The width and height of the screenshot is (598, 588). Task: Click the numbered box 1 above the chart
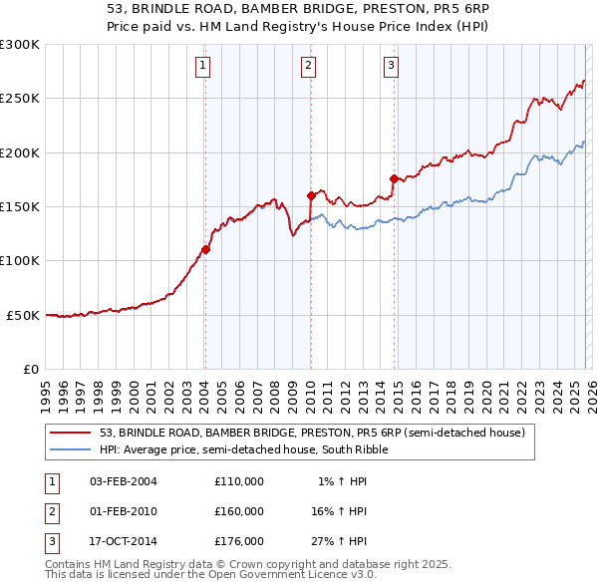pyautogui.click(x=203, y=67)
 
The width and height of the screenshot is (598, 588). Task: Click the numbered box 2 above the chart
pyautogui.click(x=309, y=67)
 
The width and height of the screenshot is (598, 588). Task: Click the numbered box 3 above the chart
pyautogui.click(x=392, y=67)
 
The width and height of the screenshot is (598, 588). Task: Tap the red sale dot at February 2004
pyautogui.click(x=205, y=249)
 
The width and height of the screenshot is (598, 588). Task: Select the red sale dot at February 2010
pyautogui.click(x=311, y=195)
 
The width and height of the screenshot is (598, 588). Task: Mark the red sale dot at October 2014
pyautogui.click(x=395, y=178)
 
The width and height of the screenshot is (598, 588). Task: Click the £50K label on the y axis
pyautogui.click(x=24, y=315)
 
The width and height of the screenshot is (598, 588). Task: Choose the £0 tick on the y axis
pyautogui.click(x=31, y=369)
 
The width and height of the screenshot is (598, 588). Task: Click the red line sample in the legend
pyautogui.click(x=71, y=433)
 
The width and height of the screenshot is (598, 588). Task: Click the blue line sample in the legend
pyautogui.click(x=71, y=449)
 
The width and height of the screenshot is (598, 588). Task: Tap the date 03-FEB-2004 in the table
pyautogui.click(x=124, y=481)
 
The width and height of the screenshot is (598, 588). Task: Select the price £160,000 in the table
pyautogui.click(x=239, y=511)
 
